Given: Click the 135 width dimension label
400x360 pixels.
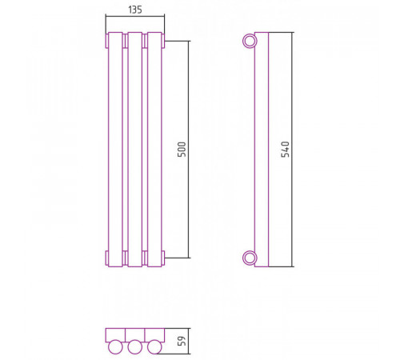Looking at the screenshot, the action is click(135, 10).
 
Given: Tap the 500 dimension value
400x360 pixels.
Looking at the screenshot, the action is click(182, 150).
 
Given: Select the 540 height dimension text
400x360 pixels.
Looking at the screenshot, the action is click(286, 150).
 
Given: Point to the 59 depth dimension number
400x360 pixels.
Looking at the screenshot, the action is click(182, 341).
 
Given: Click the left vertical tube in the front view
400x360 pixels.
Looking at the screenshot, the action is click(115, 150).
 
